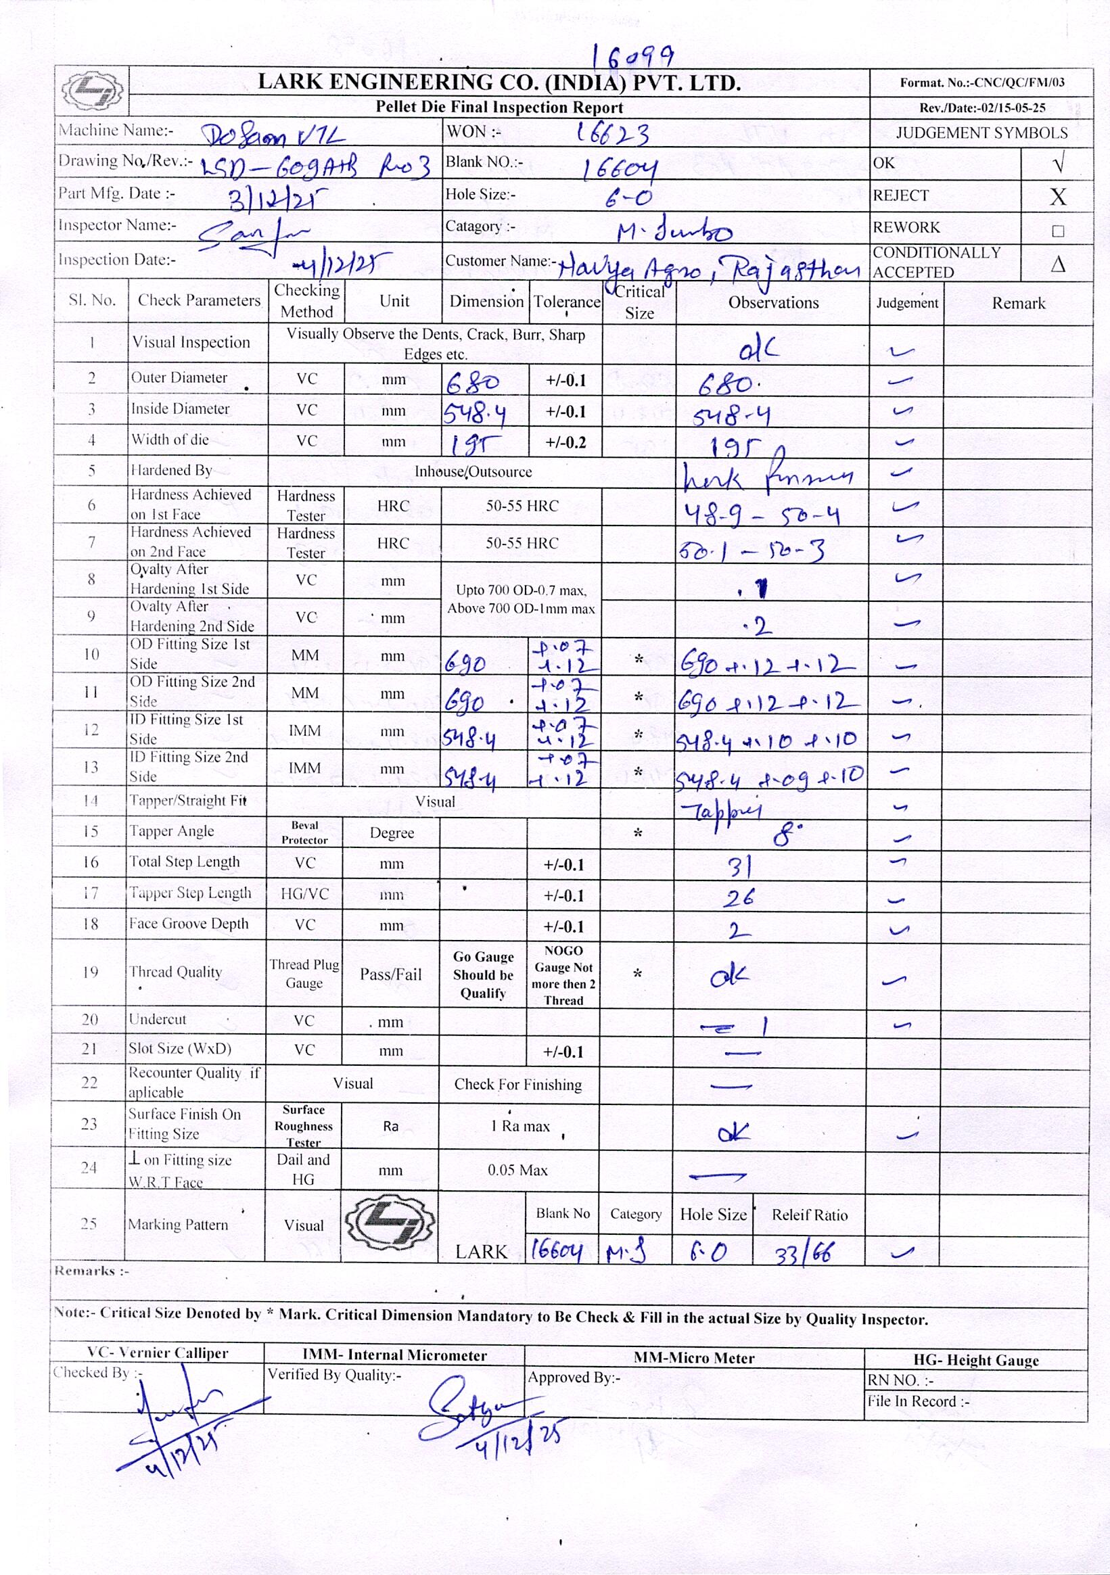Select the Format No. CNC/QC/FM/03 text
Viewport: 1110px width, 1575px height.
981,83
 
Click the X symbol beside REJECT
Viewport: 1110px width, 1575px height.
1057,197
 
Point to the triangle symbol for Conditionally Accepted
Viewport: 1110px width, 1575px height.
1057,264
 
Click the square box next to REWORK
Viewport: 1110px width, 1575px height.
1057,231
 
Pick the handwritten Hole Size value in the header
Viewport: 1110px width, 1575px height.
627,198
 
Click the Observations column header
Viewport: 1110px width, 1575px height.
773,302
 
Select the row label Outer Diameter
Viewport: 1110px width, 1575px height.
179,378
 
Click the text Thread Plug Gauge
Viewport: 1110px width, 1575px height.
304,973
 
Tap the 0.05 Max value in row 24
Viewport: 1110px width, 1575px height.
517,1170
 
